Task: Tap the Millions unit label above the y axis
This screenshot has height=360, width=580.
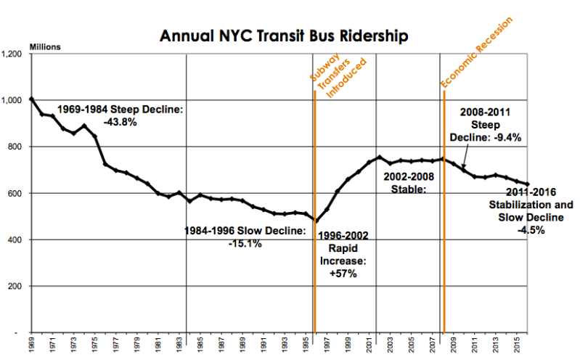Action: (45, 47)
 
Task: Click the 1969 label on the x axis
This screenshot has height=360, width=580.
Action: (32, 345)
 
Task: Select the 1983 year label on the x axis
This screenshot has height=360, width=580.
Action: (179, 345)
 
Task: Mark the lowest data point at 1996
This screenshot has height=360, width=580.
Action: (315, 221)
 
